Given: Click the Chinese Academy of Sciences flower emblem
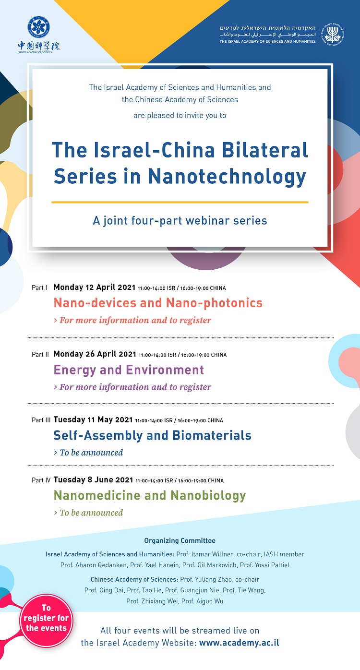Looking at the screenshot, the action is pyautogui.click(x=38, y=27).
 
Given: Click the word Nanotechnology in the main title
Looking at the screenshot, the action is pyautogui.click(x=227, y=177).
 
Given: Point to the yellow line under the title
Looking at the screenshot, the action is pyautogui.click(x=180, y=202).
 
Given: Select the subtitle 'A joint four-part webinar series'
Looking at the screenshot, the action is pyautogui.click(x=180, y=221).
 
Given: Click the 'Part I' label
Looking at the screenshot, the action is pyautogui.click(x=39, y=288).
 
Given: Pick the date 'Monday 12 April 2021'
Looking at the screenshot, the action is pyautogui.click(x=95, y=287).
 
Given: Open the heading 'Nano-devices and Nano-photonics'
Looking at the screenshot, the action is pyautogui.click(x=158, y=303).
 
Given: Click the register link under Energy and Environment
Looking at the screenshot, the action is pyautogui.click(x=132, y=387).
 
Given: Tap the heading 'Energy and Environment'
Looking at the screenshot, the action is pyautogui.click(x=129, y=370).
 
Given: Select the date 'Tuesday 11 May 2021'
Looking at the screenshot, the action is pyautogui.click(x=93, y=419).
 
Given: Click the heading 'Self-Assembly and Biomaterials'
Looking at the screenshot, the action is pyautogui.click(x=152, y=435).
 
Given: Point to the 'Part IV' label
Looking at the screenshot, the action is pyautogui.click(x=41, y=480).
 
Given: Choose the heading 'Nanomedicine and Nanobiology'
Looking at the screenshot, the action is pyautogui.click(x=150, y=496).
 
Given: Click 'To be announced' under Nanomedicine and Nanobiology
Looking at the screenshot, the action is pyautogui.click(x=88, y=513).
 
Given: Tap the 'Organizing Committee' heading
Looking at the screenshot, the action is pyautogui.click(x=180, y=540).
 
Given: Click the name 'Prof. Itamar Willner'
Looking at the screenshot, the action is pyautogui.click(x=204, y=554).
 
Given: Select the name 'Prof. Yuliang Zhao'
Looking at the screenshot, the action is pyautogui.click(x=206, y=579).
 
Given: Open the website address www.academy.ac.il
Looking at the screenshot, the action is pyautogui.click(x=239, y=643).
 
